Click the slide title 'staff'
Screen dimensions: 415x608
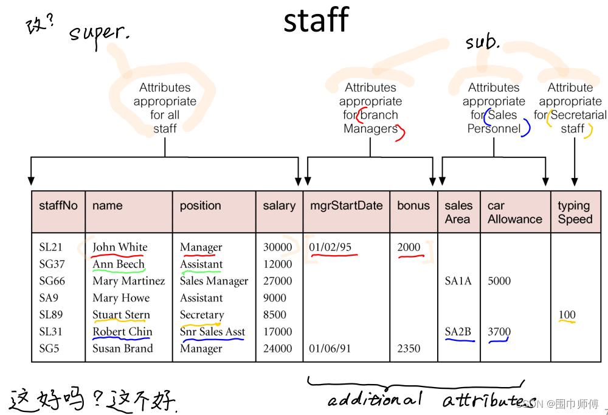point(316,21)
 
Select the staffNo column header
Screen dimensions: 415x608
point(58,205)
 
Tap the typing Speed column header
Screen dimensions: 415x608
point(575,212)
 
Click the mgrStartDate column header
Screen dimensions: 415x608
point(346,205)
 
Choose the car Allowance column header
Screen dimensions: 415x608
point(514,212)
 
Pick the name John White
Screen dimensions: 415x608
point(120,247)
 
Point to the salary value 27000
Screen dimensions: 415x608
point(277,281)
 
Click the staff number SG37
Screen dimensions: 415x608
point(52,264)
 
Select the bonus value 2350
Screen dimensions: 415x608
point(409,349)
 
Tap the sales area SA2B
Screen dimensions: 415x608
point(458,332)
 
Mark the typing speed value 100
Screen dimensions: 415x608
point(567,315)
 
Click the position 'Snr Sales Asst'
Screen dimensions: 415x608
point(212,332)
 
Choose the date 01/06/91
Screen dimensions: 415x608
point(330,349)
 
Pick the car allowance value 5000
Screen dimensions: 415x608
point(499,281)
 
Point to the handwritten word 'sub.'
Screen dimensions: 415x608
point(482,43)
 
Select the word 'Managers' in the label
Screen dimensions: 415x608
point(370,128)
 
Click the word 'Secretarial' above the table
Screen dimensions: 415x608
point(578,115)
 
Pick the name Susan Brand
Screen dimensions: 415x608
point(122,349)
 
